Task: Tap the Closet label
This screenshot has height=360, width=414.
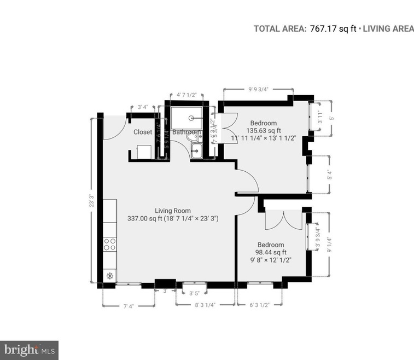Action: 143,132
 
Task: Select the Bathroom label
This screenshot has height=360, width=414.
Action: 186,132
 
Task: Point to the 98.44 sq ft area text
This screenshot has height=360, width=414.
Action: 271,252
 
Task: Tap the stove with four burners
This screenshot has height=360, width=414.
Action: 109,244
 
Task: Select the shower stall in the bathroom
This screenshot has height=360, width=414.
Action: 186,117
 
